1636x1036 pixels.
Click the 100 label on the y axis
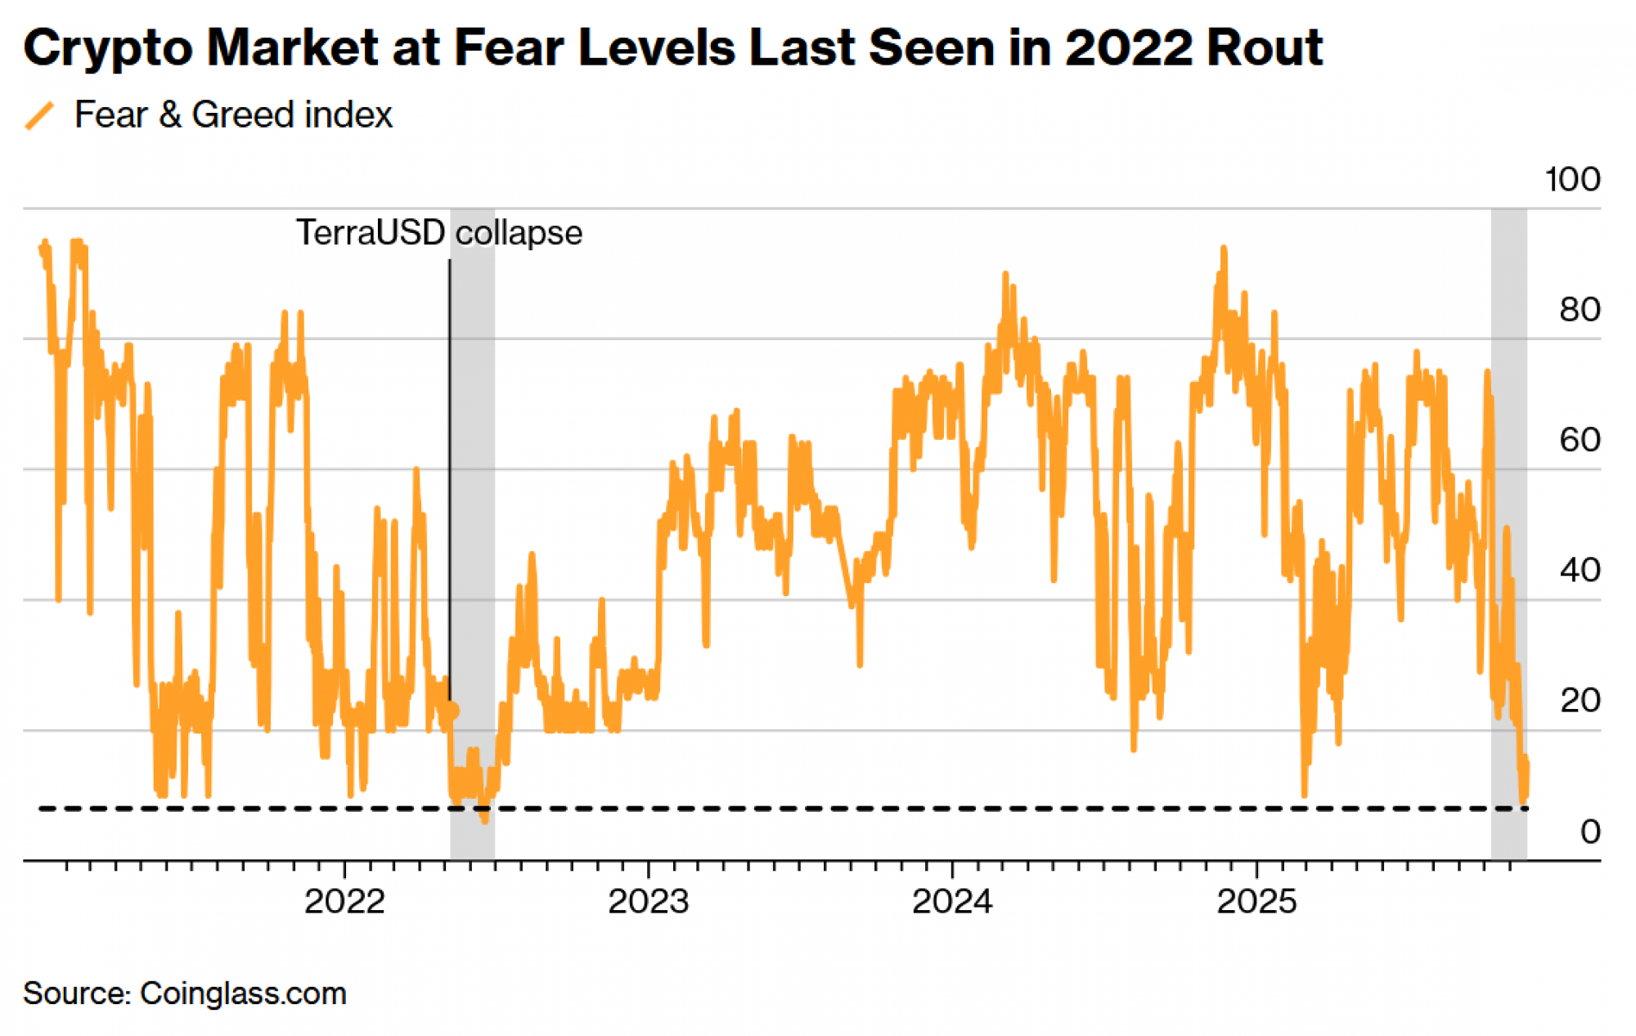1571,179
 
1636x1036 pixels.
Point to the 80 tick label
1579,310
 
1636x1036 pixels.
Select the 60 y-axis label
1579,440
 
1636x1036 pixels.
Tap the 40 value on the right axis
1579,570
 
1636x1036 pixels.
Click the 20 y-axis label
1579,701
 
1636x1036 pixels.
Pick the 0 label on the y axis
1589,832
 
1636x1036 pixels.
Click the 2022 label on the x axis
344,902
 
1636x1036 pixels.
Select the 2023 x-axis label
649,902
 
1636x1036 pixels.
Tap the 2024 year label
952,902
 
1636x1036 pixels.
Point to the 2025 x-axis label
1256,902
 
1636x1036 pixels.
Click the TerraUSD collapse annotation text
438,233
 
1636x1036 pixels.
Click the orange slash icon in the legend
39,115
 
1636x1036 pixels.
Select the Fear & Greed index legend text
233,114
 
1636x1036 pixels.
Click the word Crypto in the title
107,48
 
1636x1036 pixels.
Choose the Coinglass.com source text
243,993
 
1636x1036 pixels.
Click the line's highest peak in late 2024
1223,248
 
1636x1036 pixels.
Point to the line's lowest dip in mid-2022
485,820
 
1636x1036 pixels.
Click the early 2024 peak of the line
1005,274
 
